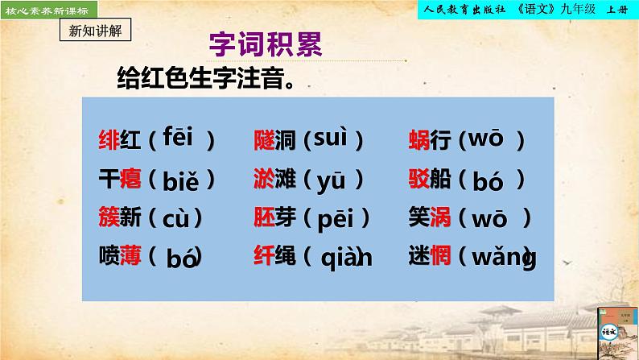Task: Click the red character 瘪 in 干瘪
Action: (x=130, y=179)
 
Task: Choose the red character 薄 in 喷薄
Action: (x=130, y=255)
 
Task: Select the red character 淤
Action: (x=263, y=179)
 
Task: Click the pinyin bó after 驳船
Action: (x=488, y=181)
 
